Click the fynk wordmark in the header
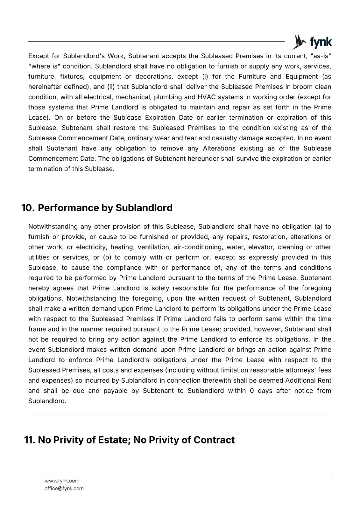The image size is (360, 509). coord(321,42)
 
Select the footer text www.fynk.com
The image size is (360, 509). coord(62,481)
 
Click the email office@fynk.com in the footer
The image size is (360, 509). coord(64,488)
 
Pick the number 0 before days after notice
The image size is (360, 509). coord(252,391)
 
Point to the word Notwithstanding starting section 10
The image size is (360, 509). coord(53,227)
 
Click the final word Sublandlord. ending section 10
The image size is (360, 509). coord(47,401)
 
